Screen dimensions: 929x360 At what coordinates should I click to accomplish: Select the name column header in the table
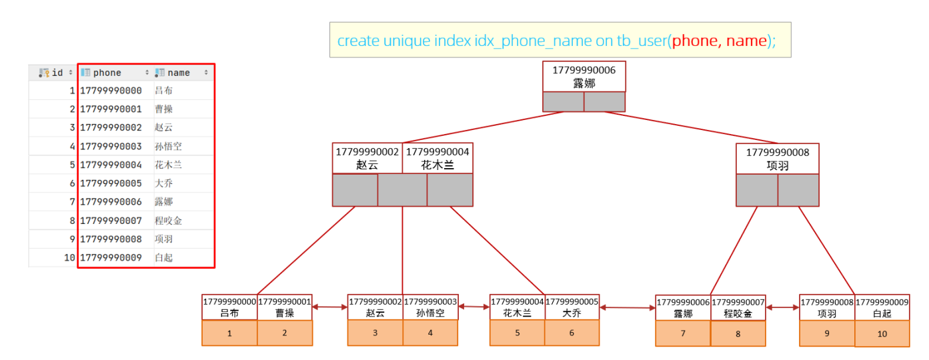click(183, 73)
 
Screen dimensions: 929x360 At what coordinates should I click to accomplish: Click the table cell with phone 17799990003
click(111, 146)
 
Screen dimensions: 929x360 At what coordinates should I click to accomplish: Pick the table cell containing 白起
click(163, 257)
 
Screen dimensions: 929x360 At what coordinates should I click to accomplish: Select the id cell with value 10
click(69, 257)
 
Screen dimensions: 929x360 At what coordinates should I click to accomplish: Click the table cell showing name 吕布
click(163, 91)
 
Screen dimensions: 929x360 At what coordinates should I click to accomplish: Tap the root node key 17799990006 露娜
click(584, 77)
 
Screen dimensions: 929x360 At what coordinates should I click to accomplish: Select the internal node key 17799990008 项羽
click(778, 159)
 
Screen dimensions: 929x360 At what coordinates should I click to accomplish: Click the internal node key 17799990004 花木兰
click(437, 159)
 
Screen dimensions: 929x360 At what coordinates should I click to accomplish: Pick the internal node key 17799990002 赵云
click(367, 159)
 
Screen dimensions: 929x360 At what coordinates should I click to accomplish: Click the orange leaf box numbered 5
click(517, 333)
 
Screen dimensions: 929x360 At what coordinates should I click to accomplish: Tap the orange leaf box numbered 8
click(738, 333)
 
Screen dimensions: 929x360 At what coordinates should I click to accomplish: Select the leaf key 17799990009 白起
click(882, 308)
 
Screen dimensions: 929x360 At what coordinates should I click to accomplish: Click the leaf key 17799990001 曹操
click(285, 307)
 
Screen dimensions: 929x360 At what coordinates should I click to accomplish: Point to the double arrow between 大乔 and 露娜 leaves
click(628, 307)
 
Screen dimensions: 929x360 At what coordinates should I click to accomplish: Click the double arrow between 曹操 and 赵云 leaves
click(329, 307)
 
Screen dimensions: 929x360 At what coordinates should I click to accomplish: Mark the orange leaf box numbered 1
click(229, 333)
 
